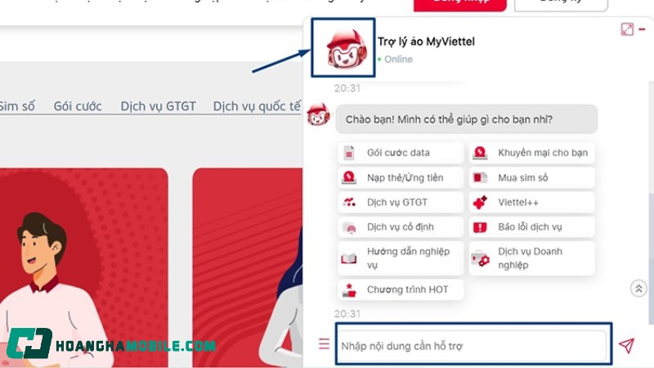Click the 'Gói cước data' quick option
point(398,153)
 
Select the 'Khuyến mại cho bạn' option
point(531,153)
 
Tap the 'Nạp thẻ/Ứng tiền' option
point(398,177)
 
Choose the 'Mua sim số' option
point(531,177)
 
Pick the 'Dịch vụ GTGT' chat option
point(398,202)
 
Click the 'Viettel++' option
point(531,202)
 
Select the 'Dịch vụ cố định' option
point(398,227)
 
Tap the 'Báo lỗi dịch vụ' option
point(531,227)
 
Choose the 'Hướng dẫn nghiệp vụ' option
point(400,258)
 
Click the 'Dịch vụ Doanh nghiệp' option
point(531,258)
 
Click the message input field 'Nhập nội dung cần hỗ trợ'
point(473,346)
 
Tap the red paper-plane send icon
point(626,346)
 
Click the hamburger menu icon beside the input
point(325,344)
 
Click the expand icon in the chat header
point(627,29)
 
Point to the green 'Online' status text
point(398,60)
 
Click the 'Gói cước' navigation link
point(78,106)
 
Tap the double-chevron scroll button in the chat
point(639,288)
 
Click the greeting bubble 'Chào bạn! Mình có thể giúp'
point(466,119)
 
